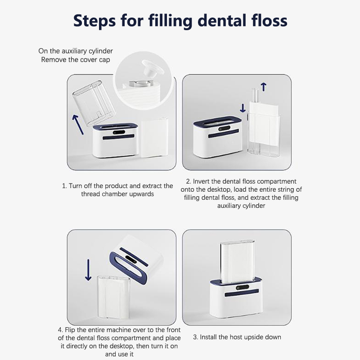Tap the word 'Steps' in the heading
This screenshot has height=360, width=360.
pos(94,21)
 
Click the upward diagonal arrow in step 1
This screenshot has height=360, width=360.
pos(78,125)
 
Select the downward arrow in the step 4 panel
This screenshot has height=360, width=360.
pos(88,270)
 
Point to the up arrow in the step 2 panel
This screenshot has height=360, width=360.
pos(264,87)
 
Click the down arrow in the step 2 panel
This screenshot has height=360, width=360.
pos(243,108)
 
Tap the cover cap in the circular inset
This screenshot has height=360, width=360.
pos(152,69)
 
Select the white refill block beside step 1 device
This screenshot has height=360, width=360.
pos(154,138)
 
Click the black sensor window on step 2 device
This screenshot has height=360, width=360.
pos(224,129)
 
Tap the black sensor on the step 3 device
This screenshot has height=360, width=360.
pos(243,288)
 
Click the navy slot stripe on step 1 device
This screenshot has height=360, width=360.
pos(118,137)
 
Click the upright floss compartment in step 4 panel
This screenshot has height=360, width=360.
pos(113,297)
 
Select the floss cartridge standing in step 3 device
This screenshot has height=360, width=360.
pos(238,261)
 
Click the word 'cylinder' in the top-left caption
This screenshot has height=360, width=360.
pos(100,51)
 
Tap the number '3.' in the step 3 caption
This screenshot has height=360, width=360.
pos(196,337)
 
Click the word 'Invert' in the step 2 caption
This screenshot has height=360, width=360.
pos(201,181)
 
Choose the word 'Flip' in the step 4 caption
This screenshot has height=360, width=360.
pos(70,330)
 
